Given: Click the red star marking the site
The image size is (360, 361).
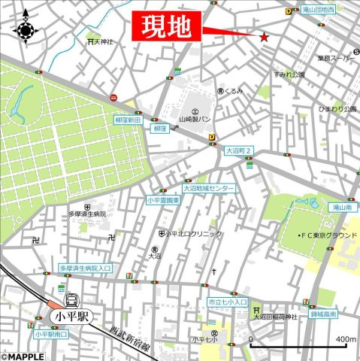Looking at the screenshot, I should point(264,37).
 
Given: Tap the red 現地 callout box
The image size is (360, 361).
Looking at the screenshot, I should point(168,28).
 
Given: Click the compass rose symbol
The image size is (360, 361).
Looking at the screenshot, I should point(27,29).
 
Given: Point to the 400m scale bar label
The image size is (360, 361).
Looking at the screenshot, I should point(345,339).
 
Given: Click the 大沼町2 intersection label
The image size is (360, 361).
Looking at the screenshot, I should point(240,151).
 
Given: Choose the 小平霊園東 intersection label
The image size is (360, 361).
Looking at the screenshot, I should point(163,201).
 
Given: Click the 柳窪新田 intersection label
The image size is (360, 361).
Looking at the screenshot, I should point(129,120).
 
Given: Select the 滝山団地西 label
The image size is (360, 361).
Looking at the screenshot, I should point(319,10).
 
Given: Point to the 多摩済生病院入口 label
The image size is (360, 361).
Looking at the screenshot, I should point(85,268).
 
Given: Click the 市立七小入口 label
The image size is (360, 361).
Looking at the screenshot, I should point(227,302).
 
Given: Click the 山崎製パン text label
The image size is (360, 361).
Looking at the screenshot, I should point(195,120).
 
